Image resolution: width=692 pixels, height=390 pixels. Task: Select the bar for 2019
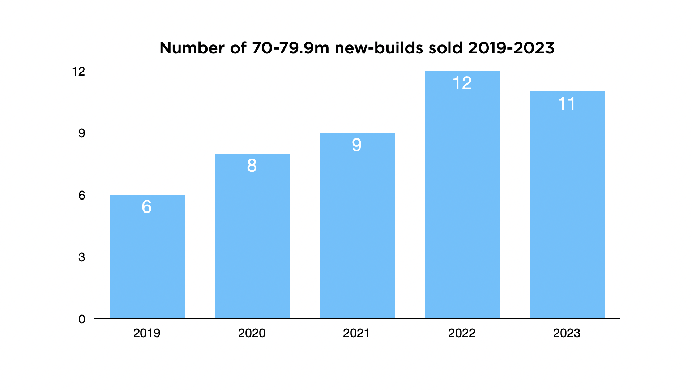(x=147, y=260)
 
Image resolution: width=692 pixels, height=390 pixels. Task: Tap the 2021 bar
(x=357, y=231)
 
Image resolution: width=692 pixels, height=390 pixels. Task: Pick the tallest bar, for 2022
(x=462, y=202)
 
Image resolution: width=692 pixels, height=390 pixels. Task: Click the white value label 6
(x=146, y=207)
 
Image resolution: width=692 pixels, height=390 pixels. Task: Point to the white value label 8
(x=252, y=166)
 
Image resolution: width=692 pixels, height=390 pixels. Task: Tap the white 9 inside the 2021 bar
(x=356, y=145)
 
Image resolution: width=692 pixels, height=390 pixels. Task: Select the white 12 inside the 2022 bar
(x=462, y=83)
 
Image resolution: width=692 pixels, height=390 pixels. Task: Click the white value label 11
(x=567, y=104)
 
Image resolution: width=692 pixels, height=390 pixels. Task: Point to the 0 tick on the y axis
(x=82, y=319)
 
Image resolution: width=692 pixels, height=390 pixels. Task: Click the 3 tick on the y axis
(x=82, y=257)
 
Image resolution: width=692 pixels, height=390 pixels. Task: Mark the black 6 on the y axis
(x=82, y=196)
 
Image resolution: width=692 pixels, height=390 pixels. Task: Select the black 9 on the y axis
(x=82, y=133)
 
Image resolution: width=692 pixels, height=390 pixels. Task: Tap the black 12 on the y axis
(x=78, y=72)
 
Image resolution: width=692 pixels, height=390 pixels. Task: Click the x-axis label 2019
(x=146, y=333)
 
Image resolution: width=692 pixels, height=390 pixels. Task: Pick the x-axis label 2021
(x=356, y=333)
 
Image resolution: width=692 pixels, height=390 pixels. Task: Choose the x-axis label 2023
(x=566, y=333)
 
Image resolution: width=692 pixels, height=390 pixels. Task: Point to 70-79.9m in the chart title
(x=290, y=48)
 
